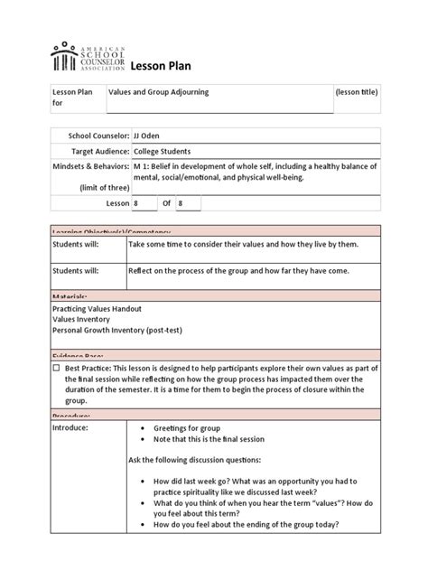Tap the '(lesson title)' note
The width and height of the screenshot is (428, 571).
(x=356, y=93)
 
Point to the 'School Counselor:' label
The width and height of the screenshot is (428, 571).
(x=90, y=135)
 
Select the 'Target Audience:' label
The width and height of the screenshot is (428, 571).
(x=92, y=151)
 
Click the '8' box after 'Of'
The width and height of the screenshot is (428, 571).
(x=188, y=204)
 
